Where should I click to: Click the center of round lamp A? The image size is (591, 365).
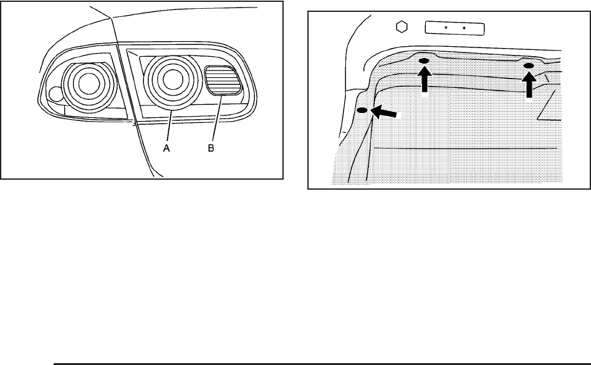168,79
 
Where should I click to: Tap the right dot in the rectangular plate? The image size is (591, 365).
464,28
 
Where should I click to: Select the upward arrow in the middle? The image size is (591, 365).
425,80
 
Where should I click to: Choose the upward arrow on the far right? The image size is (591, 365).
529,84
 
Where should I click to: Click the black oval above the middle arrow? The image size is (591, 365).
424,61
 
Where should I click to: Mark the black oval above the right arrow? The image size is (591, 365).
529,66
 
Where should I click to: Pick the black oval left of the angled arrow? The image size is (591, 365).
362,110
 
